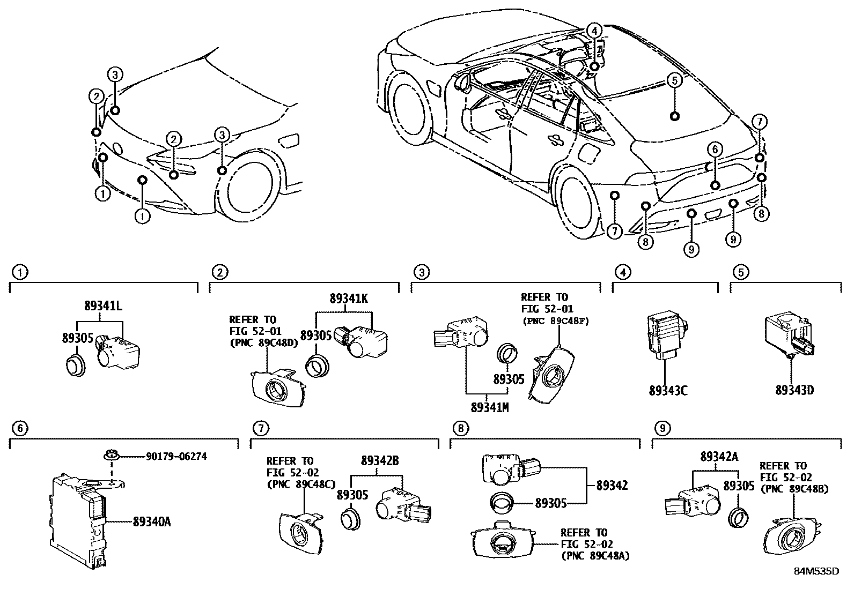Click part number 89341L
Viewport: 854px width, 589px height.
[103, 307]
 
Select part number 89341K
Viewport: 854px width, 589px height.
[349, 299]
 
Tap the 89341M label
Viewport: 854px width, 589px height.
[489, 407]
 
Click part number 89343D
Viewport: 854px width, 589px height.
[794, 390]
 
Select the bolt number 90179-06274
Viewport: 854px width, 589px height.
[176, 457]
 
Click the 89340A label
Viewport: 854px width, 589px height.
[152, 521]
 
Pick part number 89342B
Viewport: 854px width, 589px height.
[380, 460]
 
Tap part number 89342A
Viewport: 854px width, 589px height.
[719, 457]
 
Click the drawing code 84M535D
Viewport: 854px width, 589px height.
[816, 571]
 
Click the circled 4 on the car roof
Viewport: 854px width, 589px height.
[594, 32]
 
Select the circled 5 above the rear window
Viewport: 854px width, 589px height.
[674, 81]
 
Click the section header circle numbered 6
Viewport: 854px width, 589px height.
[19, 428]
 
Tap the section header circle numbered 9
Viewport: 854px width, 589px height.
[662, 428]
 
